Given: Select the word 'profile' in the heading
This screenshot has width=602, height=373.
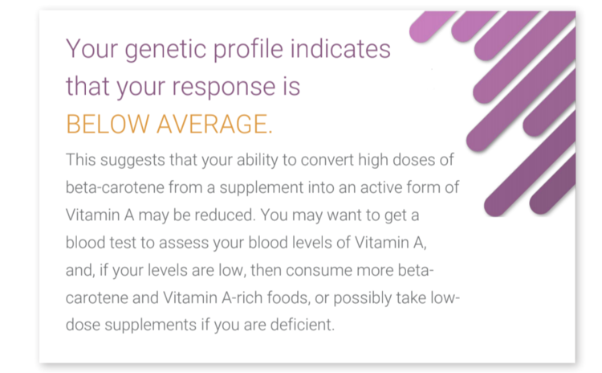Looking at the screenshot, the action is [x=248, y=49].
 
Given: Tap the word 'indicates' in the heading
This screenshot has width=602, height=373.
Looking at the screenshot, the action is [x=340, y=48].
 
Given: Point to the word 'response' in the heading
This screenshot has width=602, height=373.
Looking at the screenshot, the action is [x=223, y=88].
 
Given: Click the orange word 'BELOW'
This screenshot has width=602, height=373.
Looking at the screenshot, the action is [x=108, y=124].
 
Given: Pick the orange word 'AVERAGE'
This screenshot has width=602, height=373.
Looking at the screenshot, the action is [x=214, y=124].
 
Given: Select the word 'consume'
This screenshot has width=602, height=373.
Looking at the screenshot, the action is [x=319, y=270].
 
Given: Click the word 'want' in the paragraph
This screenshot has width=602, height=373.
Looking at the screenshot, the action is [x=344, y=215].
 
